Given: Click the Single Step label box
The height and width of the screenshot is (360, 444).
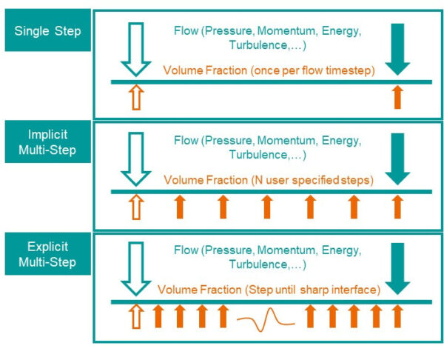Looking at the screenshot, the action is coord(48,30).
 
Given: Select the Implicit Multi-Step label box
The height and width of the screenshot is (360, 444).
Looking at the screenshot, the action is coord(48,141).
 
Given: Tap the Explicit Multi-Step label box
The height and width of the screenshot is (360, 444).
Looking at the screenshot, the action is coord(48,253).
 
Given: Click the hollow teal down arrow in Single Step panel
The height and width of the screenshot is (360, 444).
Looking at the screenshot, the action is coord(136,50).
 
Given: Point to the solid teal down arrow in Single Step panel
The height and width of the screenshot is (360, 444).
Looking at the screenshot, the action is coord(397,50).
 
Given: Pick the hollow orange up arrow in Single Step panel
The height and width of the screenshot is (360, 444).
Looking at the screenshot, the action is coord(136,97).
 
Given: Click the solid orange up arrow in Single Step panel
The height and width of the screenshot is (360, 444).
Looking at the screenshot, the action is coord(397,97).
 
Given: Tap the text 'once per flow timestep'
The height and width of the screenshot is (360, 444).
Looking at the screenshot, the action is coord(312,70).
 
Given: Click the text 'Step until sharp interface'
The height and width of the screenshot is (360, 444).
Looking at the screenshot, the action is coord(312,290).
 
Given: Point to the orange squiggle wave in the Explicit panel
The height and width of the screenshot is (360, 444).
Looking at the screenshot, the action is coord(266,320).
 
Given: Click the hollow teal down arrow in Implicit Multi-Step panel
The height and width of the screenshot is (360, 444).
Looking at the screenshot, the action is coord(136,159).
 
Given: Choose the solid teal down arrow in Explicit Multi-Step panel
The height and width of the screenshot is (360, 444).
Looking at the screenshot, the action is coord(397,269).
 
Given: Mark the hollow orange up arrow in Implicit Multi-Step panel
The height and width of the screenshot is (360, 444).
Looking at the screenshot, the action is coord(136,207).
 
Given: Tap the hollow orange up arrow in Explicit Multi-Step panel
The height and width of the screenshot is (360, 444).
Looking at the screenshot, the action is coord(136,316).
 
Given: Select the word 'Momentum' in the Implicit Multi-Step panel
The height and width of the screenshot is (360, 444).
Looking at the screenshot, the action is coord(286,140).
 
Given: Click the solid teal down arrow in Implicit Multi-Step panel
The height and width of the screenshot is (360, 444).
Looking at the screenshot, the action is coord(397,159).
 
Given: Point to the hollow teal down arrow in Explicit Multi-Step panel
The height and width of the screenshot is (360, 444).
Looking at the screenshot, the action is coord(136,269).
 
